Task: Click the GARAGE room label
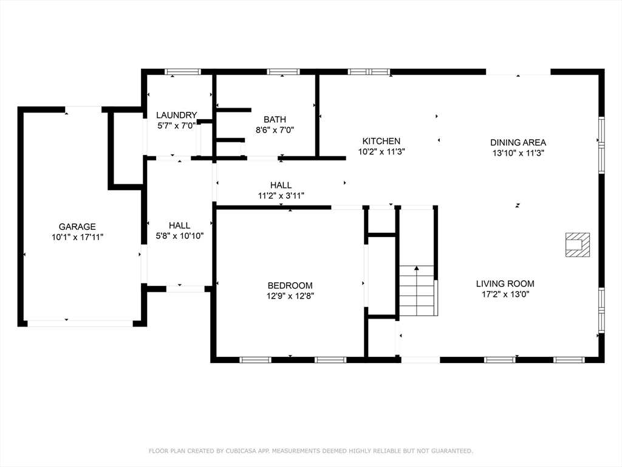click(x=77, y=227)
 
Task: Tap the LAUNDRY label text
click(x=177, y=115)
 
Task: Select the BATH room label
click(x=275, y=120)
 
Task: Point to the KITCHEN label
click(x=381, y=141)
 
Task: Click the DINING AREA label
click(x=518, y=142)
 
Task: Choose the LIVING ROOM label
click(x=505, y=283)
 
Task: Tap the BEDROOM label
click(x=290, y=286)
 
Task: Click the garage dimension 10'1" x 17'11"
click(x=77, y=237)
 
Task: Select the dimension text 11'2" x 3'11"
click(x=281, y=195)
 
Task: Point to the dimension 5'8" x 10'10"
click(x=179, y=236)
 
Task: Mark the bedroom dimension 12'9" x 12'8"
click(x=290, y=296)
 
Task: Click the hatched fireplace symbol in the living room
click(x=577, y=245)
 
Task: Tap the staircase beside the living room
click(x=418, y=291)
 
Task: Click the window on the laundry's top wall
click(x=183, y=72)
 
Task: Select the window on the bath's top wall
click(x=283, y=72)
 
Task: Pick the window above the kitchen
click(x=369, y=72)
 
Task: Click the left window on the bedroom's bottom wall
click(x=256, y=360)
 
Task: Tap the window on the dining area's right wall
click(x=601, y=145)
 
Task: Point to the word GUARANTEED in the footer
click(x=452, y=451)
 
